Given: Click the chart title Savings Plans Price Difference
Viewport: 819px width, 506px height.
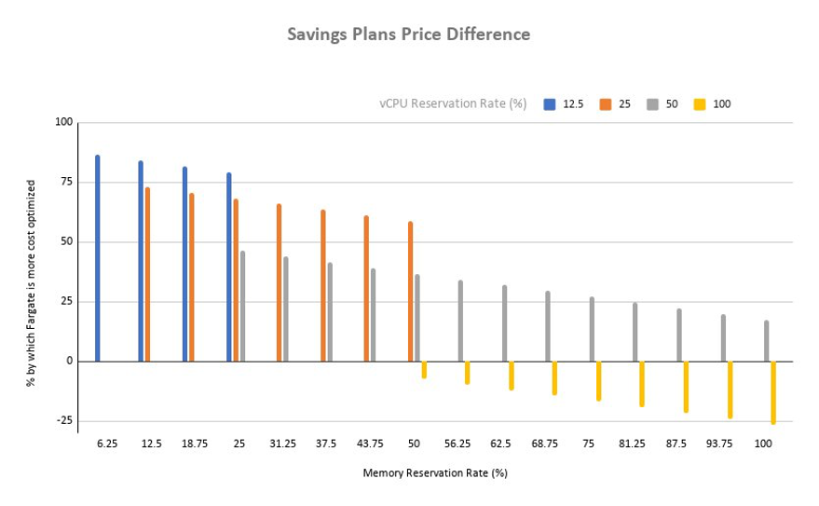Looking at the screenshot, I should tap(408, 34).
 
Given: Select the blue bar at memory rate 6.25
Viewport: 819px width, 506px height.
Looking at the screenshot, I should tap(98, 258).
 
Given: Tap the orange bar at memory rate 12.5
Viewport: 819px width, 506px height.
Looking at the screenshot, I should tap(147, 274).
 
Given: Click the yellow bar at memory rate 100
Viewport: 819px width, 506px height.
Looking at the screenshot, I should tap(773, 392).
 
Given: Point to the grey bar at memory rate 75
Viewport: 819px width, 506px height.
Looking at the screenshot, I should tap(592, 329).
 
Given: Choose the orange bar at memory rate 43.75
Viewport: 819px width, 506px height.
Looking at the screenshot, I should tap(366, 288).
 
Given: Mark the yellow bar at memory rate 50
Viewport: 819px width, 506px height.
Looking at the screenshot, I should tap(424, 369).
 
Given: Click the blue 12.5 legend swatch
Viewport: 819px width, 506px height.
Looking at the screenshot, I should tap(550, 104).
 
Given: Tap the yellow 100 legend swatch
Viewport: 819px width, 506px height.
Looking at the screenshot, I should tap(699, 104).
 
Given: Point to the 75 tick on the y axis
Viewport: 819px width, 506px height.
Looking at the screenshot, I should tap(64, 183).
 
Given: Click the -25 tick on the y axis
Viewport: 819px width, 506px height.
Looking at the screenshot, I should tap(62, 420).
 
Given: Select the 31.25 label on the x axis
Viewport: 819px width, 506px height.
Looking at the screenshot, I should tap(282, 444).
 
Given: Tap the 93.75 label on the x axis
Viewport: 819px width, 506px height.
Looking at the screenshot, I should tap(719, 444).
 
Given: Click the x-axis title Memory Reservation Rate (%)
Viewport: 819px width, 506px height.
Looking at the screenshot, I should tap(435, 473).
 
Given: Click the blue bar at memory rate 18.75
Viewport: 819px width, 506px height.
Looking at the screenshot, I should tap(184, 264).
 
